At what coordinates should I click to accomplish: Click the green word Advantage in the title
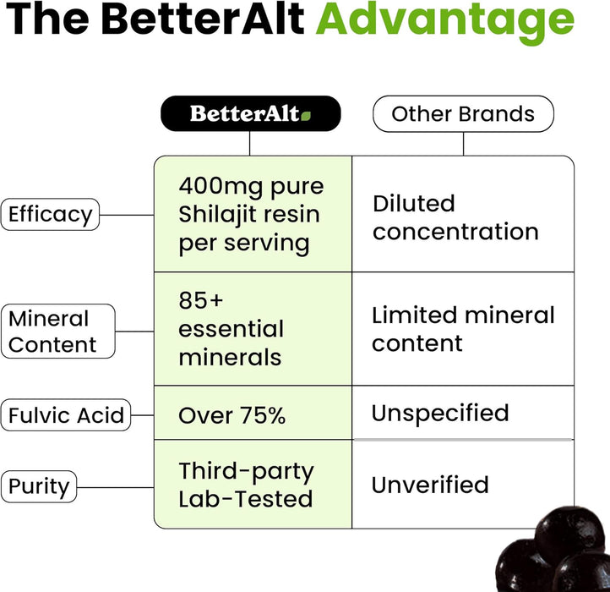(444, 20)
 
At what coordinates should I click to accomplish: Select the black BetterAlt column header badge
(250, 113)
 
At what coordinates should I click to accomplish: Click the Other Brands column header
(463, 114)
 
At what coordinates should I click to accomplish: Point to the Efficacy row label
(50, 215)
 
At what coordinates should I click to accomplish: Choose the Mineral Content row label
(57, 332)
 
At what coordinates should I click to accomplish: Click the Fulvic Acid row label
(66, 415)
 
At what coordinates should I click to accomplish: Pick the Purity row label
(39, 487)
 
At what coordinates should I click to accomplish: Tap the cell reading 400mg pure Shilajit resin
(251, 215)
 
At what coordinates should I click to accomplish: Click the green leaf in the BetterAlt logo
(306, 115)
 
